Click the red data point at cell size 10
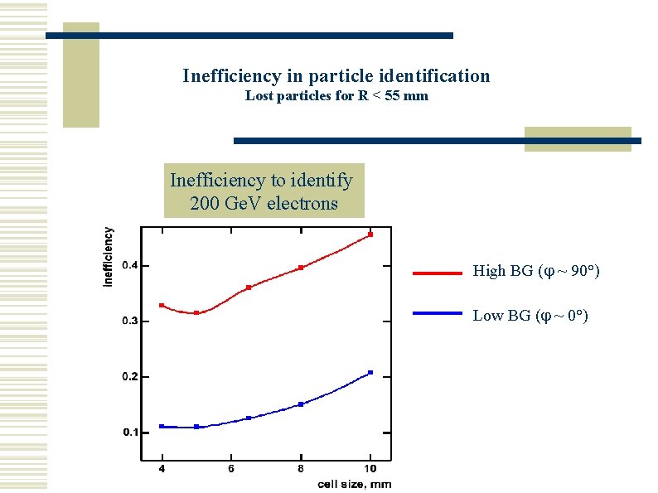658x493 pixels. pos(370,234)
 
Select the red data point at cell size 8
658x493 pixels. pos(301,268)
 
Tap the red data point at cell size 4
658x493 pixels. pos(162,306)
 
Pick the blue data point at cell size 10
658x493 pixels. pos(370,373)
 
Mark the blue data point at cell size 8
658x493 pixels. pos(301,404)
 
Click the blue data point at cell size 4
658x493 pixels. pos(162,426)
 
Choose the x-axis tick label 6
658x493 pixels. pos(231,469)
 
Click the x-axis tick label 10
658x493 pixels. pos(370,469)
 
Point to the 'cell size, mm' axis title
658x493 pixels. pos(356,484)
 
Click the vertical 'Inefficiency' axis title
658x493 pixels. pos(109,258)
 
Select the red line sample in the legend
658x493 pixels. pos(437,272)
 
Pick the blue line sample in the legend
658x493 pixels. pos(437,314)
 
